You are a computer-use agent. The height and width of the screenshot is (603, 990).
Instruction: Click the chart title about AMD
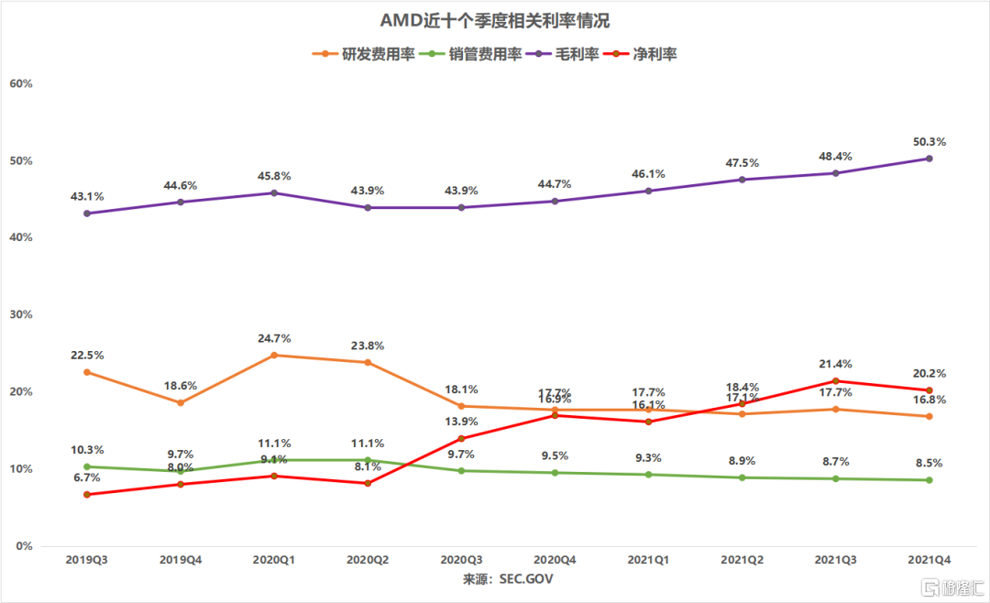point(495,20)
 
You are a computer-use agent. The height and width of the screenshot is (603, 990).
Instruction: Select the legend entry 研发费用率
point(364,54)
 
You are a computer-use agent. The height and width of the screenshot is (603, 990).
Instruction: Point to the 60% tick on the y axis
point(20,83)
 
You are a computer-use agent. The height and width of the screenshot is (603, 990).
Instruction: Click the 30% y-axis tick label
point(20,314)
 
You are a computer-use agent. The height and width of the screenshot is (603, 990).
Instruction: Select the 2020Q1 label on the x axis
point(273,558)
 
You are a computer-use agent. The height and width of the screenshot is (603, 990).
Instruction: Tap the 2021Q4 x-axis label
point(929,558)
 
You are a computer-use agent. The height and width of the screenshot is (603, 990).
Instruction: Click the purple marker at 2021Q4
point(929,159)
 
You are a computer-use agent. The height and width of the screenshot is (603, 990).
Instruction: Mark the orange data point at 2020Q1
point(273,355)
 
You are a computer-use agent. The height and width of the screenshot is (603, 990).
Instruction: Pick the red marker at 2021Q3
point(835,380)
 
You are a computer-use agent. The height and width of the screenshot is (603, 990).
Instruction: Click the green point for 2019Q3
point(86,466)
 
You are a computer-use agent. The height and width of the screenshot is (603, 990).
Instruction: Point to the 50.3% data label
point(929,142)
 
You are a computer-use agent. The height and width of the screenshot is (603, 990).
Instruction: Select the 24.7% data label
point(273,339)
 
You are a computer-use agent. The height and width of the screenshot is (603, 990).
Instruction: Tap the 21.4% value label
point(835,364)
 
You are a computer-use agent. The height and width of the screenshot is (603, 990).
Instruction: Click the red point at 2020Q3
point(460,438)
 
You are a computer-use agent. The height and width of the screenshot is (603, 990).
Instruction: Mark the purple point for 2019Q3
point(86,214)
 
